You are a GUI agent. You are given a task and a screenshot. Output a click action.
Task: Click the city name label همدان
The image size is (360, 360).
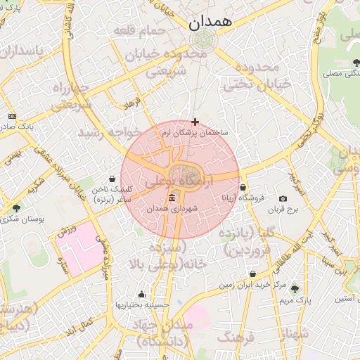click(x=210, y=22)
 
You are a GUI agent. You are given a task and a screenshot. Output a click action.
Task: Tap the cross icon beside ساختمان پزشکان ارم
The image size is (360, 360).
click(x=195, y=122)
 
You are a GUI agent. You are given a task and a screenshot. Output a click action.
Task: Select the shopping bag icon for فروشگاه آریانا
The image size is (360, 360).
click(x=243, y=188)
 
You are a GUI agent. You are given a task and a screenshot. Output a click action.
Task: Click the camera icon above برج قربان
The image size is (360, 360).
click(x=283, y=199)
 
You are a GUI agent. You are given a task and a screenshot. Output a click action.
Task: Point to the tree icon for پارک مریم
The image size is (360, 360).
click(x=295, y=289)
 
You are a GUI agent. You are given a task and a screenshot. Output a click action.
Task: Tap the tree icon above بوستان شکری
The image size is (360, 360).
click(x=16, y=207)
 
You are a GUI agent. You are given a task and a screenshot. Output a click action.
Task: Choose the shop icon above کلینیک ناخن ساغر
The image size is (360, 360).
click(x=112, y=179)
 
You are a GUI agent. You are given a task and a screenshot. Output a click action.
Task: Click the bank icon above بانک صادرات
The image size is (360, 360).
click(x=12, y=115)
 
